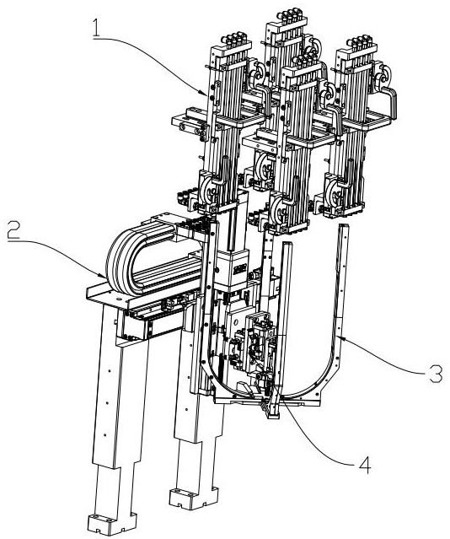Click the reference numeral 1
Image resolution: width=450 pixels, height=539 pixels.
coord(96,28)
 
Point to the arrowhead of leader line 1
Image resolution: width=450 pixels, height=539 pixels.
coord(206,93)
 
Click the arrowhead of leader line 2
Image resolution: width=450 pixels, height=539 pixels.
coord(104,276)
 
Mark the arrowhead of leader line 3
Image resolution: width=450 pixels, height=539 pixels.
coord(339,337)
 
